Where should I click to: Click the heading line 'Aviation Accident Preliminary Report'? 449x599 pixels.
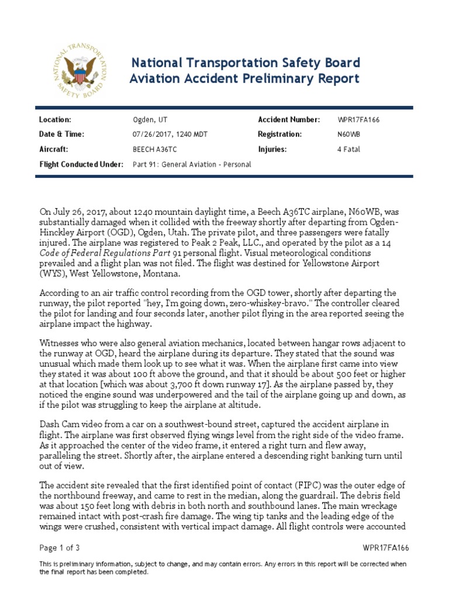click(244, 78)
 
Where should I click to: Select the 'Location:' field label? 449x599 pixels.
click(55, 120)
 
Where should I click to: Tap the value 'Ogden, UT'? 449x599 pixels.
click(150, 120)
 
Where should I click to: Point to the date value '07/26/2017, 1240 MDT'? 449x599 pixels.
click(170, 135)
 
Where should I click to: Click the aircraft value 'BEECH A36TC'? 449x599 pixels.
click(155, 149)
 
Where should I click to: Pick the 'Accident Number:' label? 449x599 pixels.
click(289, 120)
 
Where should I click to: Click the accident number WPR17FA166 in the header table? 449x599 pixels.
click(362, 120)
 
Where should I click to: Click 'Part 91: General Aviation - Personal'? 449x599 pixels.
click(192, 164)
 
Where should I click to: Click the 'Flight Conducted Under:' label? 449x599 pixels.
click(81, 164)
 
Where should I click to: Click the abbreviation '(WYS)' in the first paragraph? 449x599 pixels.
click(54, 274)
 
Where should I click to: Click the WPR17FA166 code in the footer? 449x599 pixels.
click(385, 548)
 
